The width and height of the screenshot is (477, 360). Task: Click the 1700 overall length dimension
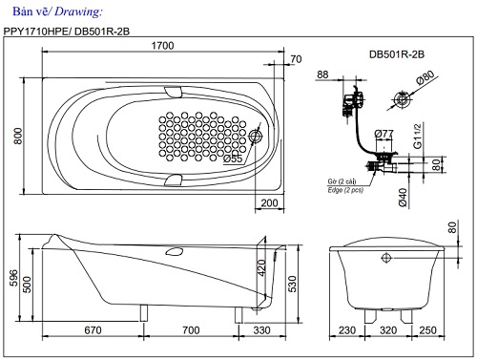162,45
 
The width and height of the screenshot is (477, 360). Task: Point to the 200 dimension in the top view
269,202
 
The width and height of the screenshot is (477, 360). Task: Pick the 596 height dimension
12,278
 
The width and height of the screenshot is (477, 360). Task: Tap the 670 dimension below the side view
93,330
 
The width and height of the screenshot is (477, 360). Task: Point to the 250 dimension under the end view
430,330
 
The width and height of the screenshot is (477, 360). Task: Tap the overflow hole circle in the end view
387,258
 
